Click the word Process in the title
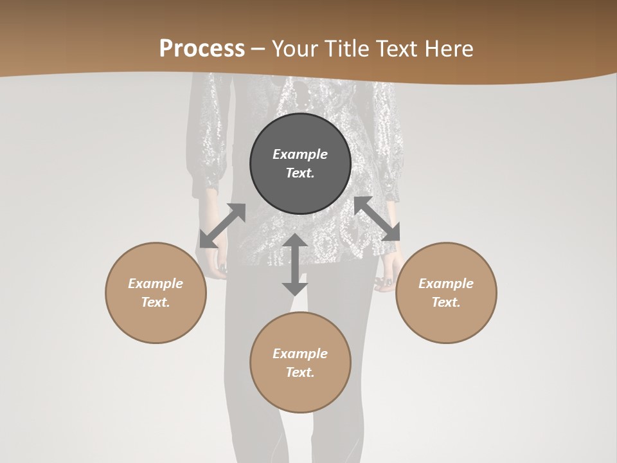[x=202, y=48]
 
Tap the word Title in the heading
[x=347, y=48]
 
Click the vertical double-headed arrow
[x=295, y=264]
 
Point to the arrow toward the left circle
[x=222, y=225]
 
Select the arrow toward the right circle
[x=377, y=219]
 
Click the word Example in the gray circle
[x=300, y=154]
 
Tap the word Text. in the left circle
[x=156, y=302]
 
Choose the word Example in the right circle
[x=446, y=284]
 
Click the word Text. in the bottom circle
[x=300, y=372]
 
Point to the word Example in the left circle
[x=156, y=284]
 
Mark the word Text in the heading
[x=397, y=48]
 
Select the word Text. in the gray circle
[x=300, y=173]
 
